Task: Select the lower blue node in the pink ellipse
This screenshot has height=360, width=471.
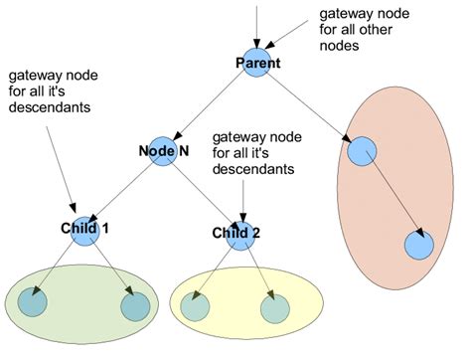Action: pos(417,244)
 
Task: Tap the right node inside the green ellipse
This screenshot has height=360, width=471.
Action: pos(134,306)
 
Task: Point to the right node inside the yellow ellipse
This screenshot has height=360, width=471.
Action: pos(274,308)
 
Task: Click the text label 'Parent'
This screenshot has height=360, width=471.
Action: pos(257,64)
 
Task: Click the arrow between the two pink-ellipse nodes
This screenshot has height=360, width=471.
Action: pos(391,197)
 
